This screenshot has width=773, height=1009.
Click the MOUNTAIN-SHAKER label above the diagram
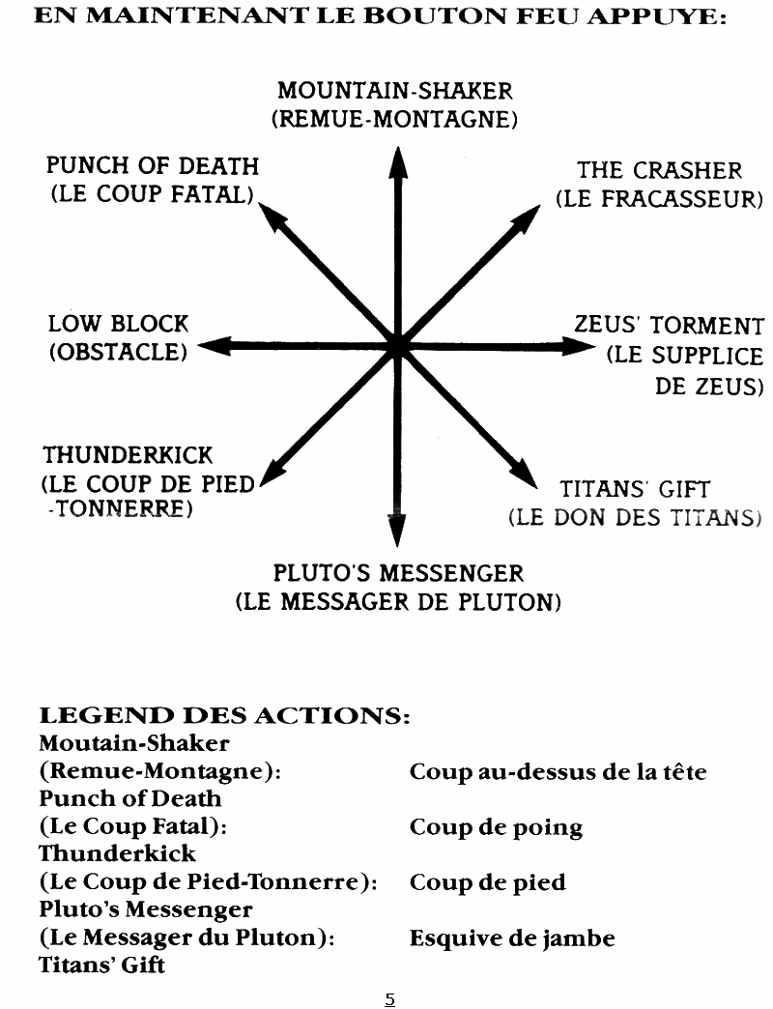click(x=394, y=92)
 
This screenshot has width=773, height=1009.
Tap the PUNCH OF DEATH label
click(x=153, y=166)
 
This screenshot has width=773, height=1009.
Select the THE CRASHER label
click(x=659, y=171)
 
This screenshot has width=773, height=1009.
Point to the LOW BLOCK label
click(x=119, y=324)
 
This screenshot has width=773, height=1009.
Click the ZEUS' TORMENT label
click(x=669, y=326)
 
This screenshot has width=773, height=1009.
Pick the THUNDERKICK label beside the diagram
click(x=128, y=454)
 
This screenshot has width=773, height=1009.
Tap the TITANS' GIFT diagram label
click(x=635, y=490)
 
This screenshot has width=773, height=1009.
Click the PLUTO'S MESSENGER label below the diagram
click(x=398, y=573)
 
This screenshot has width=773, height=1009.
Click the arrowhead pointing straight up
click(x=397, y=162)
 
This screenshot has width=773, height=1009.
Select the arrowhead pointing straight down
click(x=396, y=531)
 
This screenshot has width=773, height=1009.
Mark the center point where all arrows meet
click(x=397, y=346)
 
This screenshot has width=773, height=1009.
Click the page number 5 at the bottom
click(x=389, y=999)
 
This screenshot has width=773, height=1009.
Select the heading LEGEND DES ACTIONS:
click(x=224, y=717)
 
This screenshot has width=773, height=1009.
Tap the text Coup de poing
click(x=496, y=828)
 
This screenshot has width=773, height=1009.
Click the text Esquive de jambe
click(x=511, y=938)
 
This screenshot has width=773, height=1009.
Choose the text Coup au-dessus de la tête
click(x=558, y=772)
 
